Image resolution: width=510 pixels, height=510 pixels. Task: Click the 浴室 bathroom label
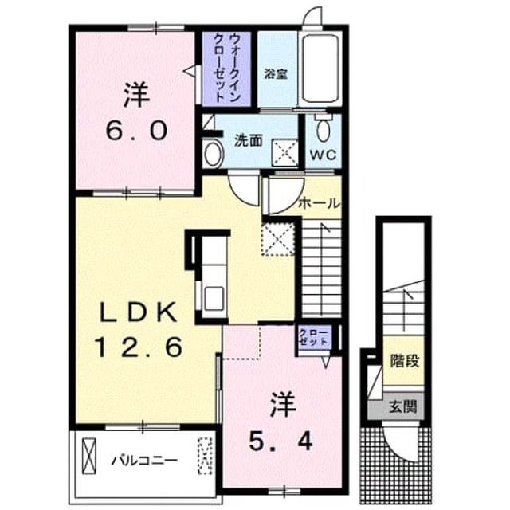coord(276,74)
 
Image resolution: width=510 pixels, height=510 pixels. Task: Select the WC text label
coord(323,155)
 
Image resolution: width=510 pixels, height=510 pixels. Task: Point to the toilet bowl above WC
coord(323,128)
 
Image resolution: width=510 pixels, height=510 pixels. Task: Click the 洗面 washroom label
coord(248,141)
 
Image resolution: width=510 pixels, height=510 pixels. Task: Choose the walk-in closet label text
coord(226,68)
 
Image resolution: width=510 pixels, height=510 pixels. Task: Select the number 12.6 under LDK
coord(138,347)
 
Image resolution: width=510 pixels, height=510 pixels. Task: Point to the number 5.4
coord(280,441)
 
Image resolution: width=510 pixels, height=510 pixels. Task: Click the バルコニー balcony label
coord(145,461)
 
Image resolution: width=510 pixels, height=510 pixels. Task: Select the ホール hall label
coord(319,204)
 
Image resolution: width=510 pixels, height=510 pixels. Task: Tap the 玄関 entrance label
coord(403,406)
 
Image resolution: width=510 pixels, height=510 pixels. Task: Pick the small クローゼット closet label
coord(314,338)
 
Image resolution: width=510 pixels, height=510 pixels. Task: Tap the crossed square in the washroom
coord(285,153)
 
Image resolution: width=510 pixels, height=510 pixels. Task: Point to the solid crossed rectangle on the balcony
coord(89,456)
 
